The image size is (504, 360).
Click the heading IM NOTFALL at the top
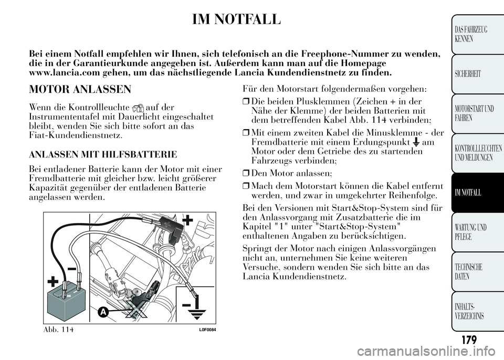[x=236, y=20]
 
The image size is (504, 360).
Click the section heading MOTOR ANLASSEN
[x=80, y=89]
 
